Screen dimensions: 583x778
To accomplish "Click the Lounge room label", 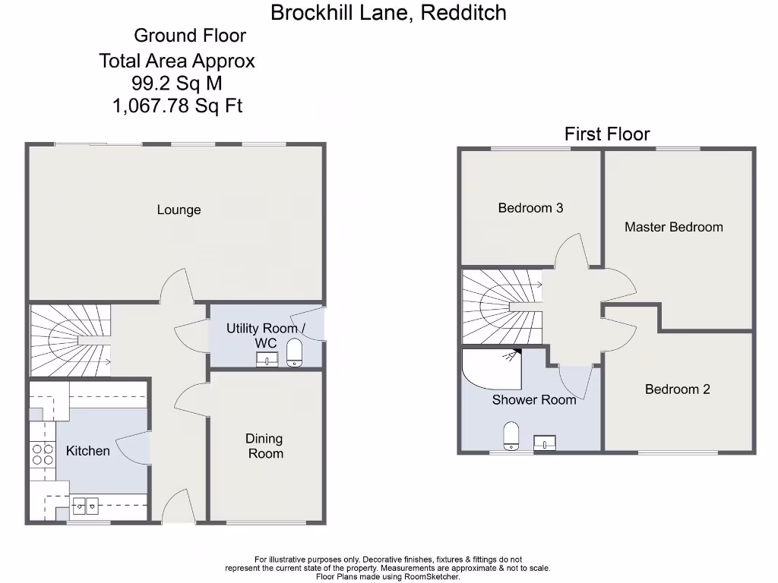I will pyautogui.click(x=179, y=210).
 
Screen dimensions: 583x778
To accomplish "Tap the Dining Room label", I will pyautogui.click(x=264, y=446).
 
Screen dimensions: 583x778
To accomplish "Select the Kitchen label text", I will pyautogui.click(x=87, y=451).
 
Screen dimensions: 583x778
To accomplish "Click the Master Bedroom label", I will pyautogui.click(x=673, y=226).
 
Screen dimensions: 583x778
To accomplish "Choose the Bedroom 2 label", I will pyautogui.click(x=677, y=389).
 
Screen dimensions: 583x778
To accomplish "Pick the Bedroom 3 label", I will pyautogui.click(x=530, y=207).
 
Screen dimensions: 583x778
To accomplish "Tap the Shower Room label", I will pyautogui.click(x=534, y=399).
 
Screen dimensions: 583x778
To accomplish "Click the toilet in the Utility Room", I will pyautogui.click(x=294, y=352).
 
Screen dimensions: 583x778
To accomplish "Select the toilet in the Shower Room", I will pyautogui.click(x=512, y=436).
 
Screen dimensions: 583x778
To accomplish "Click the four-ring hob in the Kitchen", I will pyautogui.click(x=43, y=453).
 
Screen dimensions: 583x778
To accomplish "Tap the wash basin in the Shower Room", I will pyautogui.click(x=545, y=443).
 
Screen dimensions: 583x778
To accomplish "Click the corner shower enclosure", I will pyautogui.click(x=491, y=369).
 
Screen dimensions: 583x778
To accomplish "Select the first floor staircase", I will pyautogui.click(x=501, y=307).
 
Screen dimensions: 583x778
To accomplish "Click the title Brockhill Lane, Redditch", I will pyautogui.click(x=388, y=13).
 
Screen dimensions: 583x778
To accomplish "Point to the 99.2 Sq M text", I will pyautogui.click(x=177, y=84).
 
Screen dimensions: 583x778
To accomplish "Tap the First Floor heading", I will pyautogui.click(x=607, y=134).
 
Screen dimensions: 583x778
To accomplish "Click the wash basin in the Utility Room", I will pyautogui.click(x=267, y=360).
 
